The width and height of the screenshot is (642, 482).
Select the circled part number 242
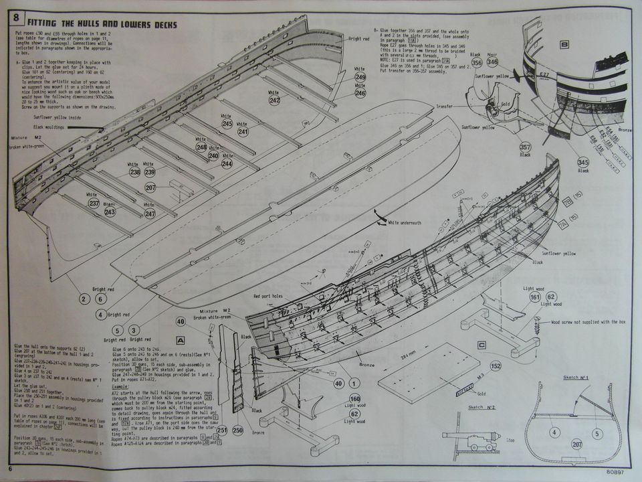pyautogui.click(x=275, y=100)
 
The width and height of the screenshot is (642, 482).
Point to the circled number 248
pyautogui.click(x=201, y=147)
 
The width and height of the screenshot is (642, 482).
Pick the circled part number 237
pyautogui.click(x=93, y=204)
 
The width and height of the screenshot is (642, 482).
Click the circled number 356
pyautogui.click(x=477, y=63)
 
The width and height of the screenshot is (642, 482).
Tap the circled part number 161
pyautogui.click(x=535, y=297)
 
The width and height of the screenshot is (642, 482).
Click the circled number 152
pyautogui.click(x=496, y=366)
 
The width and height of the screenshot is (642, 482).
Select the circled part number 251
pyautogui.click(x=221, y=430)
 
